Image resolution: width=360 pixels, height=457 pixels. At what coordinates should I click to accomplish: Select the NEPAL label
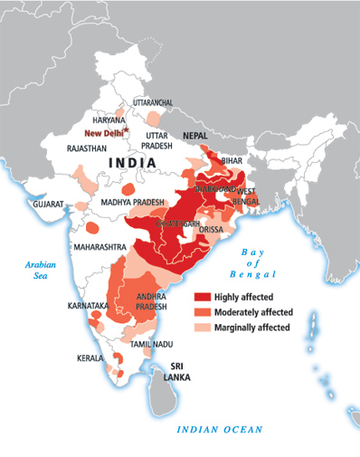194,135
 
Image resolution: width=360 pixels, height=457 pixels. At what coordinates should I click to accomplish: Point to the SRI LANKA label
167,373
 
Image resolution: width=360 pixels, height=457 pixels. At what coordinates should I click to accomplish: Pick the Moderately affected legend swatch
203,311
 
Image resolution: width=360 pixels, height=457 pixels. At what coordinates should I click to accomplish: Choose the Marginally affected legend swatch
203,326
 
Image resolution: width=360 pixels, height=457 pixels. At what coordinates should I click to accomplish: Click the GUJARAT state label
48,205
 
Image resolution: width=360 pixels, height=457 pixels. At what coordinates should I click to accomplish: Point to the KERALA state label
89,358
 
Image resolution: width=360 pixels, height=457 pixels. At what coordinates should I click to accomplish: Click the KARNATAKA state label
87,307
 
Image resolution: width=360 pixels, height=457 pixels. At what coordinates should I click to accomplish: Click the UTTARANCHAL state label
153,102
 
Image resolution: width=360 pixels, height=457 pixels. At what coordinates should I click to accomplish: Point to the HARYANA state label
109,119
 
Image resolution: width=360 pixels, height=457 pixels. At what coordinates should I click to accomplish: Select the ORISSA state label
211,231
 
